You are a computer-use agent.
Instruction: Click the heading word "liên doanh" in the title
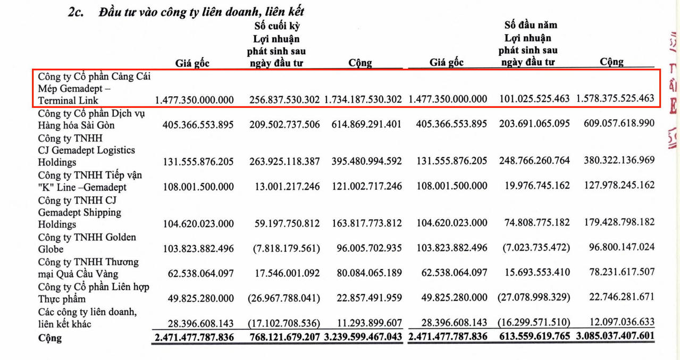click(237, 12)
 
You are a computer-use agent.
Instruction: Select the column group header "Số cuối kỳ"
click(276, 25)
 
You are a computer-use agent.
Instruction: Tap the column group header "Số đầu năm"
click(531, 24)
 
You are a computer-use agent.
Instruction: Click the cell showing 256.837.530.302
click(284, 99)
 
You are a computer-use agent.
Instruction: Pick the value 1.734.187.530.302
click(363, 99)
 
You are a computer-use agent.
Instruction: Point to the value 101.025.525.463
click(534, 99)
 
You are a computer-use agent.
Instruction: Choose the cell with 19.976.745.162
click(534, 186)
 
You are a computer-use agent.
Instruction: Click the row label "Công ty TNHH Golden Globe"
click(87, 243)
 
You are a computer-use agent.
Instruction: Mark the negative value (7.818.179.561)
click(284, 248)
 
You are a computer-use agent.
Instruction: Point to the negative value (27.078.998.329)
click(534, 297)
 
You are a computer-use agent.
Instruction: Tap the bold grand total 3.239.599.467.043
click(363, 337)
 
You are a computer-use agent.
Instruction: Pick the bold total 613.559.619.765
click(534, 337)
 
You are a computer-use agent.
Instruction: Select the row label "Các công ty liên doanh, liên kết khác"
click(87, 318)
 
